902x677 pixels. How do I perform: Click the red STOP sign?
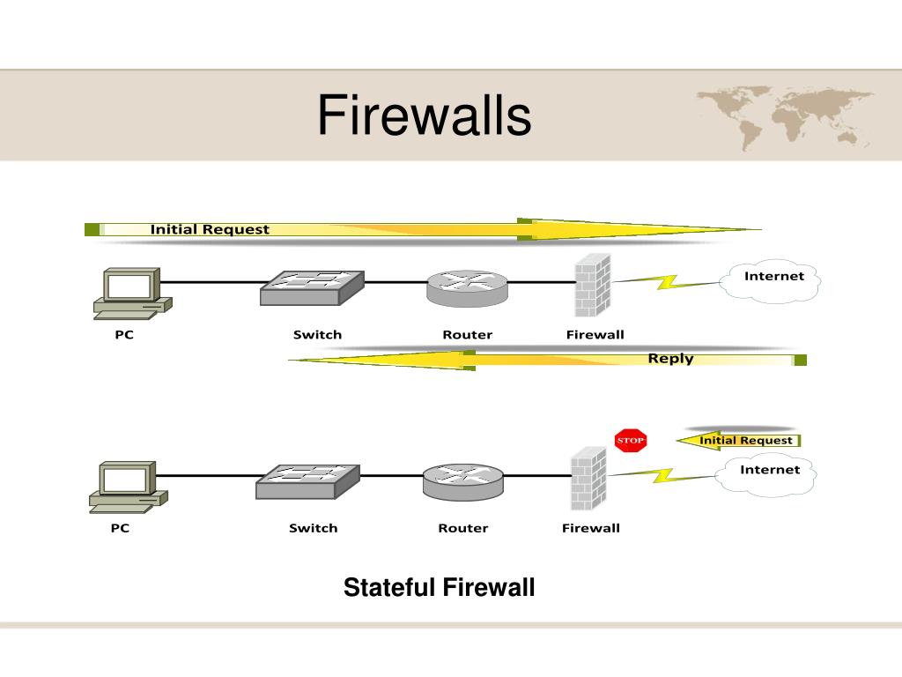[x=631, y=441]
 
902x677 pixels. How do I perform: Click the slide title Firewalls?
[x=424, y=115]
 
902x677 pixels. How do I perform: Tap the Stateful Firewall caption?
[x=439, y=587]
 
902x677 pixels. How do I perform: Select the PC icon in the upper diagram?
[x=133, y=294]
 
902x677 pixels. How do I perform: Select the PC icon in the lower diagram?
[x=129, y=487]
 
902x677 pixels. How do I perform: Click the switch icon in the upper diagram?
[x=312, y=288]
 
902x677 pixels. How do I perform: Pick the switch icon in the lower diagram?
[x=307, y=481]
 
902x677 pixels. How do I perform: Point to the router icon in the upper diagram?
[x=467, y=288]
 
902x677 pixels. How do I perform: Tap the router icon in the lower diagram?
[x=463, y=482]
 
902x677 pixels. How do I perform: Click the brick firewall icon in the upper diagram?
[x=593, y=285]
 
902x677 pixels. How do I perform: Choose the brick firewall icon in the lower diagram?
[x=589, y=479]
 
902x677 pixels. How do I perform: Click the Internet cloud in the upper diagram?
[x=773, y=280]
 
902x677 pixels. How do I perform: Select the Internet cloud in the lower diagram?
[x=768, y=473]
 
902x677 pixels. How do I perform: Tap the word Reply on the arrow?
[x=670, y=358]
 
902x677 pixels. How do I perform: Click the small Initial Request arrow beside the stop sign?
[x=739, y=441]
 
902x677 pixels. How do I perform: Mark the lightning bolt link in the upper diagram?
[x=668, y=282]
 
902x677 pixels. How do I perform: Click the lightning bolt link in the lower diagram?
[x=662, y=475]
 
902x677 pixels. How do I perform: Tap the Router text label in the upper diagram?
[x=467, y=334]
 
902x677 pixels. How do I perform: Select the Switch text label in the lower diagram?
[x=313, y=528]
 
